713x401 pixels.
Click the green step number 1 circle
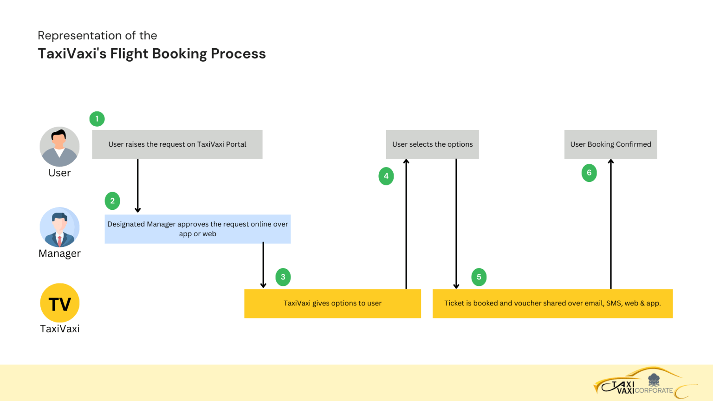[x=97, y=119]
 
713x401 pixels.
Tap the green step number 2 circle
[x=112, y=201]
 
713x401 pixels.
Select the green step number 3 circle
[x=283, y=277]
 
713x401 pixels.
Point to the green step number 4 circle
[x=386, y=176]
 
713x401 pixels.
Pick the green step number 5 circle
[x=479, y=277]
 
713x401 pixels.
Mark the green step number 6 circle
[x=589, y=173]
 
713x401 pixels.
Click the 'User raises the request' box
[x=177, y=144]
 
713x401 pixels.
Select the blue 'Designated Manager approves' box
[x=197, y=229]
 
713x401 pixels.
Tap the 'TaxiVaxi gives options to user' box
[x=332, y=304]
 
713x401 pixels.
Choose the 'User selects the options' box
[x=432, y=144]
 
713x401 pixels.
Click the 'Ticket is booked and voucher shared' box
[x=552, y=304]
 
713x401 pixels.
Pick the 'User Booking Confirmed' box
[x=610, y=144]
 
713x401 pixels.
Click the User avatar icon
[x=59, y=147]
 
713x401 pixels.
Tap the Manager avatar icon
[x=59, y=227]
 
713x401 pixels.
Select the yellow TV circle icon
[x=60, y=303]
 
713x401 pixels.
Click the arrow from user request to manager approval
[x=138, y=186]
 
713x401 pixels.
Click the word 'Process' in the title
[x=238, y=54]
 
